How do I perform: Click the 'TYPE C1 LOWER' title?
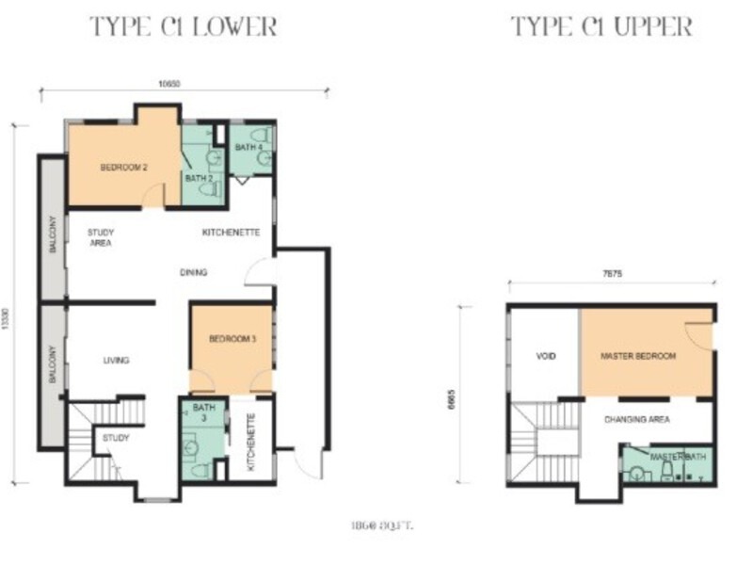184,26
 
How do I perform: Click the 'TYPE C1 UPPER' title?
601,26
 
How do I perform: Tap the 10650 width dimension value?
169,84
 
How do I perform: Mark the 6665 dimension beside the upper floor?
458,395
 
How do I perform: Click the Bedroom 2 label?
123,168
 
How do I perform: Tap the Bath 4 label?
248,147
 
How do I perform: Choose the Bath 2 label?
197,178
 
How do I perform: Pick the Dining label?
194,273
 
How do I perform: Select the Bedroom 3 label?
232,339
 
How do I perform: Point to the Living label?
115,360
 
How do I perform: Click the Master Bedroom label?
639,357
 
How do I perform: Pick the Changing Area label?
637,420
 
